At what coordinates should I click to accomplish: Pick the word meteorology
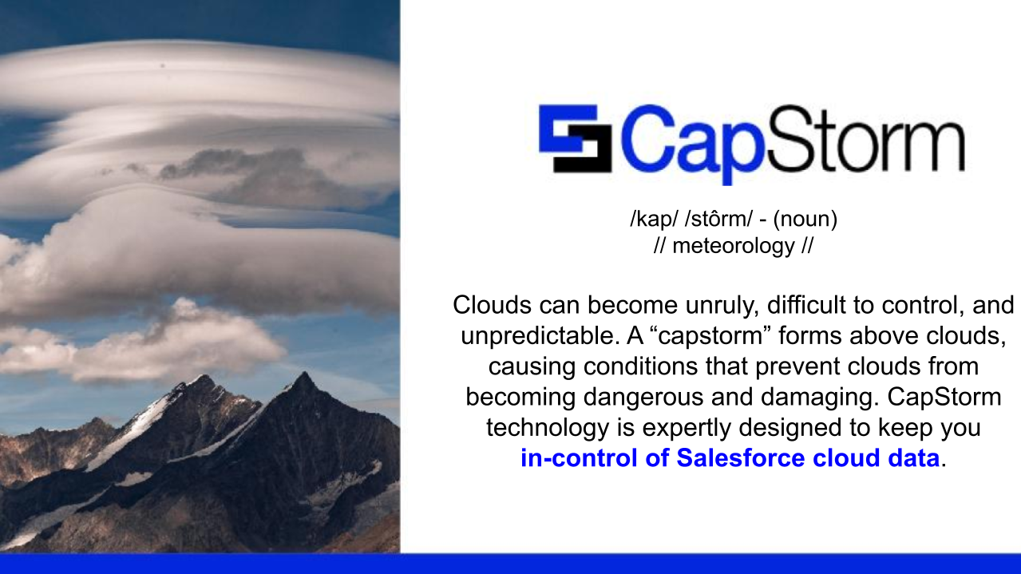[733, 246]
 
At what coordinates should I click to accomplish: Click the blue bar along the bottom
[510, 564]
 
